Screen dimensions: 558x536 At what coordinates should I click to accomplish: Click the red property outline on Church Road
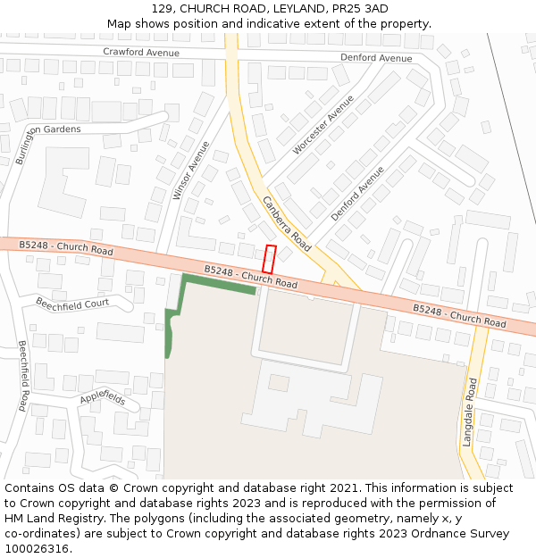269,259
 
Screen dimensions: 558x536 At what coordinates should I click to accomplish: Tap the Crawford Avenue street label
141,53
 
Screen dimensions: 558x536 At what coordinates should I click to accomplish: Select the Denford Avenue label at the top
376,58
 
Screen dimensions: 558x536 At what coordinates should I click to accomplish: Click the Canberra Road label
286,223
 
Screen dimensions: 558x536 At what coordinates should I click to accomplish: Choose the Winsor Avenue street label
190,170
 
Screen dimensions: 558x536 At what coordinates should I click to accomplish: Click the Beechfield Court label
72,304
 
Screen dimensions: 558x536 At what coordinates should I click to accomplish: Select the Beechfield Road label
24,375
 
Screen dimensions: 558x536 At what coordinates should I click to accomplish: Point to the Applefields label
103,396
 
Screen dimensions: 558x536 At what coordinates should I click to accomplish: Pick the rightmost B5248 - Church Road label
458,314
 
